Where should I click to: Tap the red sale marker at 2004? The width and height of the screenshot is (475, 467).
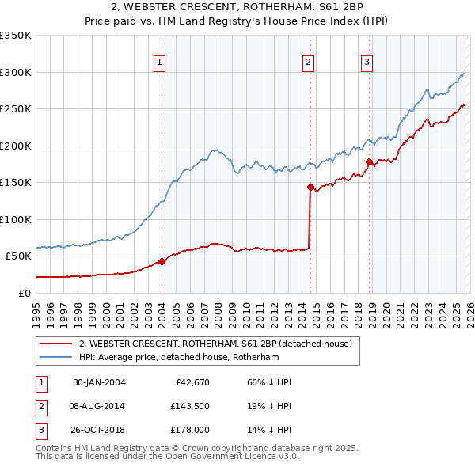[x=161, y=261]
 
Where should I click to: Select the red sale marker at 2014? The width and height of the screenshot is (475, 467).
[x=310, y=188]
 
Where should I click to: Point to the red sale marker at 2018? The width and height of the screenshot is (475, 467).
[x=369, y=162]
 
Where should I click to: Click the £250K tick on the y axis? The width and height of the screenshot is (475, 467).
[x=16, y=109]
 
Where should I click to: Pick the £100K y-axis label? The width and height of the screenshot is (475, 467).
[x=16, y=219]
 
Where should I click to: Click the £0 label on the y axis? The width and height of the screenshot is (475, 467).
[x=24, y=293]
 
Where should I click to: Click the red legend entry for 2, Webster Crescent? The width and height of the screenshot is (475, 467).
[x=221, y=344]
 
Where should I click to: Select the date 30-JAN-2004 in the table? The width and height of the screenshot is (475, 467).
[x=99, y=382]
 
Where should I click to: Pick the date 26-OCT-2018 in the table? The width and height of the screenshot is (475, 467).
[x=99, y=430]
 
